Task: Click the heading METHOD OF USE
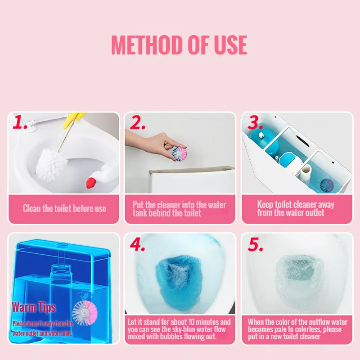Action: (179, 45)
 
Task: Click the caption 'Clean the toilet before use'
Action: (64, 208)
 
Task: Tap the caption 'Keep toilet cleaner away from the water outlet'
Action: (296, 208)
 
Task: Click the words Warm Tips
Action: (34, 307)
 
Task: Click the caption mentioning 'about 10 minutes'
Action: (179, 329)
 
